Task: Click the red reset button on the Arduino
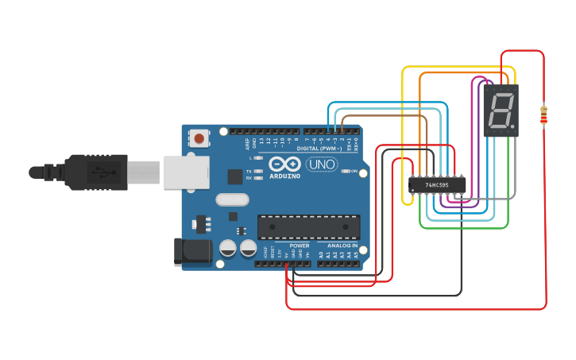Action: pos(199,139)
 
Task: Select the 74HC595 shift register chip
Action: pos(436,184)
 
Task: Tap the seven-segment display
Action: pos(501,110)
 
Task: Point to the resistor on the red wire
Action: pos(544,115)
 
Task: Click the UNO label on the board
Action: pos(323,165)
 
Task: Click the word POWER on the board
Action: pos(300,246)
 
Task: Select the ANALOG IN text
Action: pos(342,246)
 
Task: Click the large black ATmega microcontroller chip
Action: pos(307,226)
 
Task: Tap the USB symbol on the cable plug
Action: pos(102,171)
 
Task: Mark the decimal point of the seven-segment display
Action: pos(513,127)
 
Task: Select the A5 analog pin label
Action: pos(357,254)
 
